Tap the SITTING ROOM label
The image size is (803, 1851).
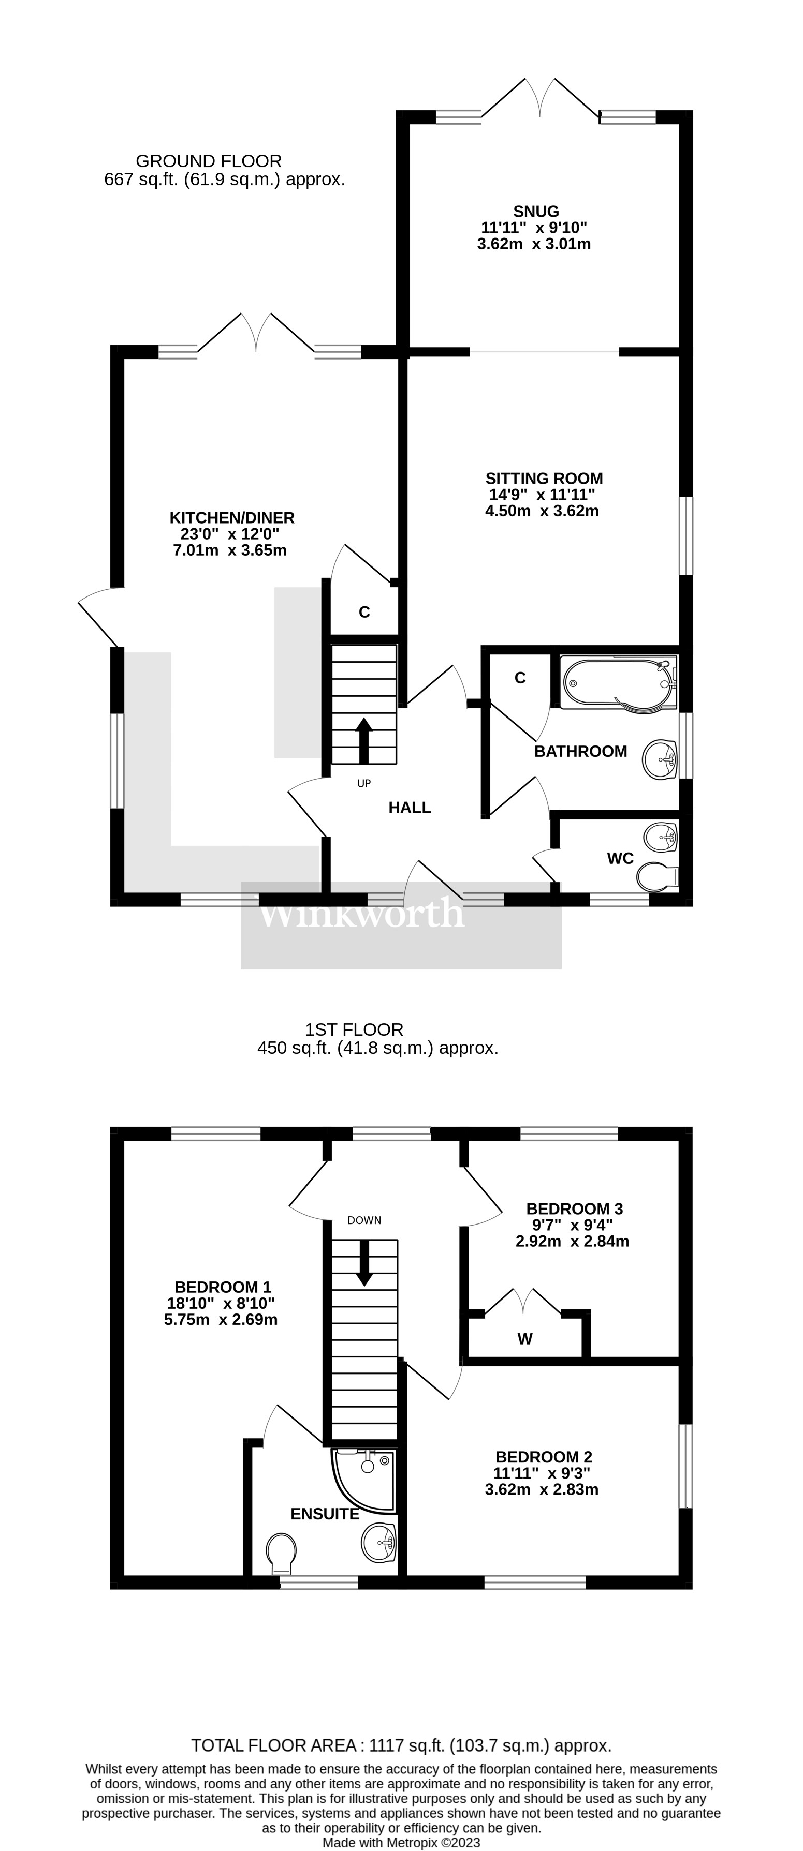pos(544,479)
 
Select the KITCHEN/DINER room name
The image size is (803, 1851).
pos(231,517)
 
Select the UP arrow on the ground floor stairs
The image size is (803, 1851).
pos(364,740)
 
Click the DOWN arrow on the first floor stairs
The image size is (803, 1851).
pos(364,1262)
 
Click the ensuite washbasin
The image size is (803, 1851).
pos(379,1542)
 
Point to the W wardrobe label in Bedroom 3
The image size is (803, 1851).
pos(525,1339)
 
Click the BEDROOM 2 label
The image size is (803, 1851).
pos(544,1456)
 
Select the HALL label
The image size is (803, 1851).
pos(410,808)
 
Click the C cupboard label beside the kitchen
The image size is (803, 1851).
pos(364,612)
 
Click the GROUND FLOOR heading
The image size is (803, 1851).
pos(209,161)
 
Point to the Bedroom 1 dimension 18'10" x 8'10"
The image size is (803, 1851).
pos(221,1303)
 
